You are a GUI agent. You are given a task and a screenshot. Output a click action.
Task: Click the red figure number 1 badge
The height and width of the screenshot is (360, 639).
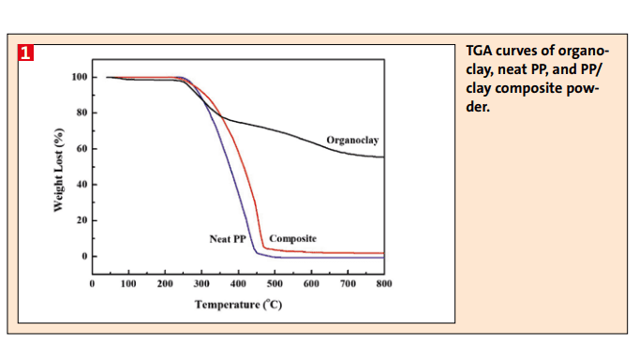[26, 52]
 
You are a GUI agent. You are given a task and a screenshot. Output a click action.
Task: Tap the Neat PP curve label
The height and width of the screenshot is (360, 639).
[228, 239]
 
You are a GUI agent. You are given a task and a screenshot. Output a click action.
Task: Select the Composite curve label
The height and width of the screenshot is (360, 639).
[292, 239]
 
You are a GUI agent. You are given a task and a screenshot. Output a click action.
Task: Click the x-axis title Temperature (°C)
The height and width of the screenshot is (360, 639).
[238, 305]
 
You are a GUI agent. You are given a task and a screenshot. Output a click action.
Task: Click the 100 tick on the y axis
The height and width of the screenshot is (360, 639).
[79, 77]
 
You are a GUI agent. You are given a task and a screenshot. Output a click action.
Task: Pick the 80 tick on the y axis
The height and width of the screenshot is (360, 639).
[82, 112]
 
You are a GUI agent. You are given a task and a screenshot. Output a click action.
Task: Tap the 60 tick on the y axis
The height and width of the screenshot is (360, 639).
[82, 148]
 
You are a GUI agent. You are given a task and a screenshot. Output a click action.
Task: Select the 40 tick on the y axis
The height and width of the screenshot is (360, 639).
[82, 184]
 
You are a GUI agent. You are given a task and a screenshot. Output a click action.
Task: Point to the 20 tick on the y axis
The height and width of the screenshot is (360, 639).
[82, 220]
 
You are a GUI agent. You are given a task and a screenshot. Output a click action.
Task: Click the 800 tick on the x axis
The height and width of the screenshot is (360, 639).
[383, 282]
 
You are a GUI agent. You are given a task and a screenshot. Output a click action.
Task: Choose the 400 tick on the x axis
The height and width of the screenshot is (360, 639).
[238, 282]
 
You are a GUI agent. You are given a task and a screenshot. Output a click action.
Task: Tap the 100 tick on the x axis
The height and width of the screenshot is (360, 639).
[128, 282]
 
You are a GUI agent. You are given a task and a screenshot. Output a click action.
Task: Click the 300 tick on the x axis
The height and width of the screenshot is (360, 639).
[201, 282]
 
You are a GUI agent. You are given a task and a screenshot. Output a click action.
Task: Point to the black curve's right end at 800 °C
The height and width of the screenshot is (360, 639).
[382, 157]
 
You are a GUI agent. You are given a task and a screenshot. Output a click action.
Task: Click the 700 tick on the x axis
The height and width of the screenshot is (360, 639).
[347, 282]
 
